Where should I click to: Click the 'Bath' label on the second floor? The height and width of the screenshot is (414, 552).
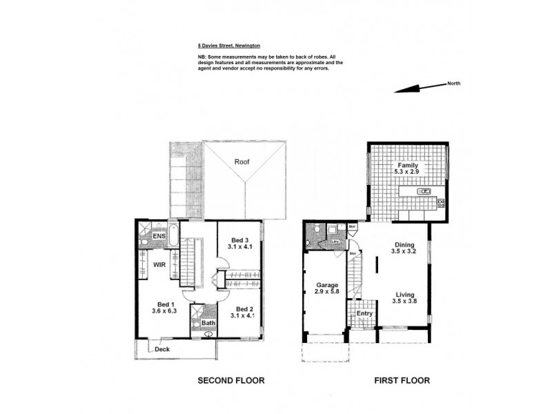pyautogui.click(x=206, y=323)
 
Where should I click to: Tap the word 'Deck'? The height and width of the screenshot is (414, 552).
pyautogui.click(x=163, y=349)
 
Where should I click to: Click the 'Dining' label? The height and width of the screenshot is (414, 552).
pyautogui.click(x=405, y=245)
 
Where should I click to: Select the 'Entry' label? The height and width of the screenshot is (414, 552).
pyautogui.click(x=364, y=314)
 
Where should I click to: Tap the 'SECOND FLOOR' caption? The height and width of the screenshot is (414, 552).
pyautogui.click(x=231, y=380)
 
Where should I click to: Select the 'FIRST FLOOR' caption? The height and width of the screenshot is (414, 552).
pyautogui.click(x=401, y=380)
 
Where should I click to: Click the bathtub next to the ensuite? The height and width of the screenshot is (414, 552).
pyautogui.click(x=173, y=236)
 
